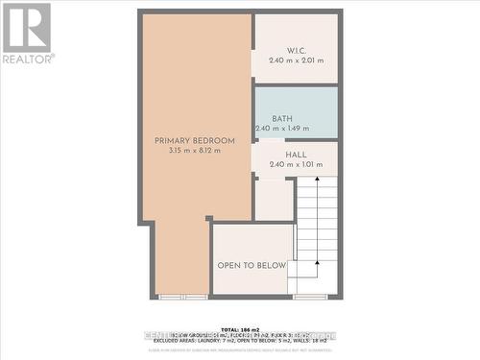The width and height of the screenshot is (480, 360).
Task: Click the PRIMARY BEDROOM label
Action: (195, 141)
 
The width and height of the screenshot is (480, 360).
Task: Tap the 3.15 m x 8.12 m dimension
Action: (195, 151)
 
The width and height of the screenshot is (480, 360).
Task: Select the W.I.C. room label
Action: (296, 50)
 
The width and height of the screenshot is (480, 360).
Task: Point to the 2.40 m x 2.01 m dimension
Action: (296, 60)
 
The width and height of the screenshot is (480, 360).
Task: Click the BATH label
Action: (282, 119)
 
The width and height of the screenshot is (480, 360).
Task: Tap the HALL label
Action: (296, 154)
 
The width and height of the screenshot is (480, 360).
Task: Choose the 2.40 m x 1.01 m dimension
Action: (296, 164)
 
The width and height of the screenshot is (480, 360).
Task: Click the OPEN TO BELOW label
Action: (252, 266)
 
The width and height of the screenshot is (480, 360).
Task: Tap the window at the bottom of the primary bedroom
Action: (182, 297)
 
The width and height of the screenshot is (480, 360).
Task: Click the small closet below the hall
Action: (274, 200)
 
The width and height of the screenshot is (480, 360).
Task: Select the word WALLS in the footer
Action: (308, 342)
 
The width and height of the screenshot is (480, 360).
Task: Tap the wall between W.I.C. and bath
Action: (296, 84)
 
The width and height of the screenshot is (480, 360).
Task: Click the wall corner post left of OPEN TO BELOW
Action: (209, 220)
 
